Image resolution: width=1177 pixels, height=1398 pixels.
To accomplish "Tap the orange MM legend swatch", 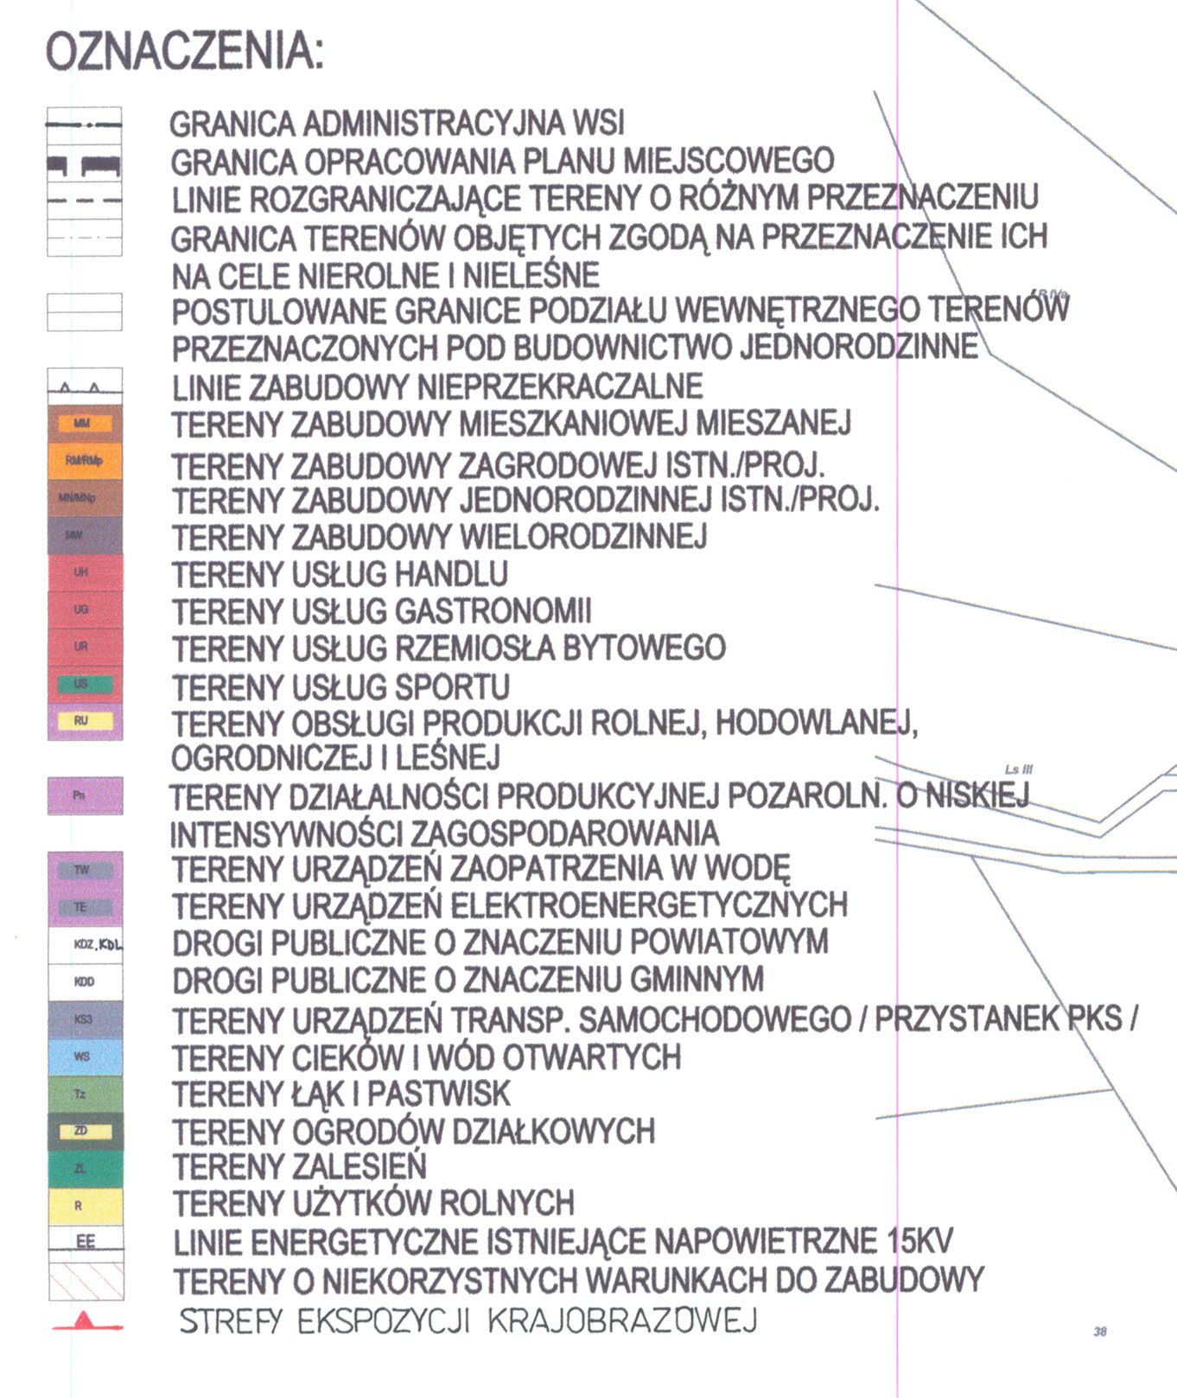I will point(83,424).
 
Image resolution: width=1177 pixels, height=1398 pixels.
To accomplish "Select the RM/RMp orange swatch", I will point(85,461).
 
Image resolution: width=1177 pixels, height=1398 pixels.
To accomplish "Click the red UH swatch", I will point(85,572).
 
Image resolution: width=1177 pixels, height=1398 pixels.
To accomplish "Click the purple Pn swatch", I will point(85,795).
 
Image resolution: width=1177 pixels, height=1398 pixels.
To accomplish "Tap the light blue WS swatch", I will point(85,1056).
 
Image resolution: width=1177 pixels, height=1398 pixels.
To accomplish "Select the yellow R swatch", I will point(85,1205).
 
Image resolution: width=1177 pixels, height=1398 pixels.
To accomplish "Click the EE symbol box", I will point(85,1242).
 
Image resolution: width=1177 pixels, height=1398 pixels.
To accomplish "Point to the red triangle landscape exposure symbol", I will point(84,1320).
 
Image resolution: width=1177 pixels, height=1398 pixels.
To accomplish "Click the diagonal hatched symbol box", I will point(85,1280).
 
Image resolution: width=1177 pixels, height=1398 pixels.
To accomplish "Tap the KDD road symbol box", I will point(85,982).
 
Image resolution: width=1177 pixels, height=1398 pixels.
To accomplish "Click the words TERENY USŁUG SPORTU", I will point(340,687).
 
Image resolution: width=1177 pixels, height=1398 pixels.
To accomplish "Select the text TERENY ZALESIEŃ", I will point(299,1167).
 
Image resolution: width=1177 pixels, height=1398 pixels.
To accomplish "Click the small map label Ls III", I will point(1019,769).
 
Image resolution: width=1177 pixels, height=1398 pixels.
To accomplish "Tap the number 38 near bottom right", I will point(1100,1331).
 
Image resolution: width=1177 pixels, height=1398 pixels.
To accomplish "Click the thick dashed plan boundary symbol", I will point(84,164).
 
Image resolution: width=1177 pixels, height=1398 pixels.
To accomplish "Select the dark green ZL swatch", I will point(85,1168).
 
